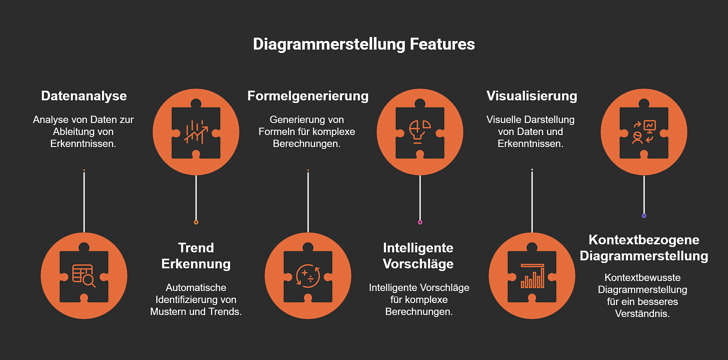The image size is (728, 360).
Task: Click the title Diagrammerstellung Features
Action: [363, 44]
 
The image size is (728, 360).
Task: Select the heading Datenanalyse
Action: [84, 95]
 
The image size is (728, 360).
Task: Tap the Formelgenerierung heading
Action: [308, 95]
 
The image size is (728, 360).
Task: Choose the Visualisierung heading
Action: [531, 95]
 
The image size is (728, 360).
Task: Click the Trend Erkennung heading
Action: [196, 255]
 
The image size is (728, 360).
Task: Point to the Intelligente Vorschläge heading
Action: [419, 255]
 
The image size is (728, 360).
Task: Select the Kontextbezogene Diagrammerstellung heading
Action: [643, 247]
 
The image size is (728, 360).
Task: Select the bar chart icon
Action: [531, 275]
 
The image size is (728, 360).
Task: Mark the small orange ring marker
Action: [196, 222]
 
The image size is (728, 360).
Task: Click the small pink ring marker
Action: [420, 222]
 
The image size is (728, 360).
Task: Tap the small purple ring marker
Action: [644, 216]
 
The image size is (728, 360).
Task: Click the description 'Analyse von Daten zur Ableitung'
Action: [83, 131]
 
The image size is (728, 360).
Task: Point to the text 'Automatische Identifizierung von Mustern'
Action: [196, 299]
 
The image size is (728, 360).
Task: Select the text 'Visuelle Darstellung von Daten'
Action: [530, 131]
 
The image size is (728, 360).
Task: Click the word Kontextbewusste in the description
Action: [642, 277]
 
